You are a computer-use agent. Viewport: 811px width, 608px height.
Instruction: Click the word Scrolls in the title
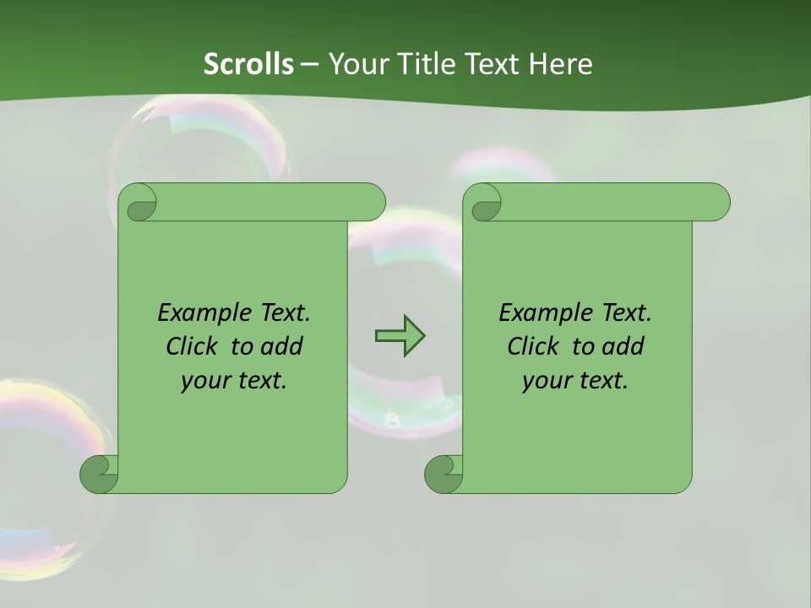[248, 64]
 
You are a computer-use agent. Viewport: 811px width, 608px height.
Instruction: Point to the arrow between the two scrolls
[400, 336]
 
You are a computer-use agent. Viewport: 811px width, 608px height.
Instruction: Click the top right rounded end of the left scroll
[372, 202]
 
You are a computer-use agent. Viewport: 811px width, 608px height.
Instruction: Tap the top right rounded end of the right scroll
[716, 202]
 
